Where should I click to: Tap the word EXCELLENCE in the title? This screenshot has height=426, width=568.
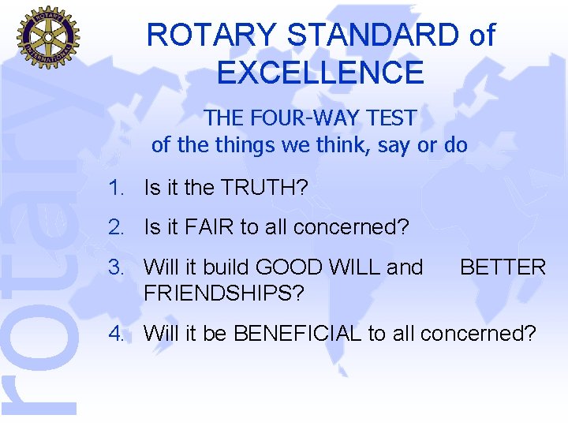(x=320, y=73)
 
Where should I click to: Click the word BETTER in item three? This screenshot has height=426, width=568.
(x=503, y=267)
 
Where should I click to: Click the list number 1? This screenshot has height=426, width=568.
(x=118, y=188)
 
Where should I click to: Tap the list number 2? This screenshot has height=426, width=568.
(x=118, y=228)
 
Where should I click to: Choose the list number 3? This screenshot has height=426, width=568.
(x=118, y=267)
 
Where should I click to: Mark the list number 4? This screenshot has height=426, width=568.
(x=118, y=333)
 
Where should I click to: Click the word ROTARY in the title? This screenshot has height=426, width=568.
(x=211, y=35)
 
